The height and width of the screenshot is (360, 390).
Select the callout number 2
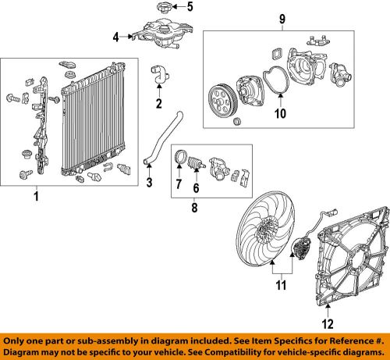point(158,103)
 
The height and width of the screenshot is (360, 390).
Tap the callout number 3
point(148,184)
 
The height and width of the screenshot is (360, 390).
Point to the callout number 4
point(115,36)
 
